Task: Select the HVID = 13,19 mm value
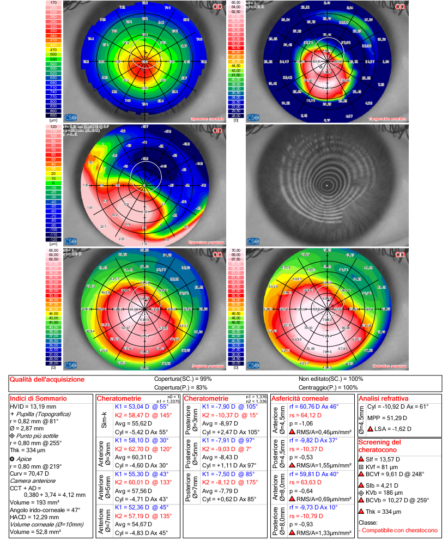(32, 406)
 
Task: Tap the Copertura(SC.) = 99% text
(184, 379)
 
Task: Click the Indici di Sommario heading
(34, 398)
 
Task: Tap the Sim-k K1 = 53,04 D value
(136, 406)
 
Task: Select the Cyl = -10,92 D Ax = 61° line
(398, 406)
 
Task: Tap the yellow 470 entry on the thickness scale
(53, 49)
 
